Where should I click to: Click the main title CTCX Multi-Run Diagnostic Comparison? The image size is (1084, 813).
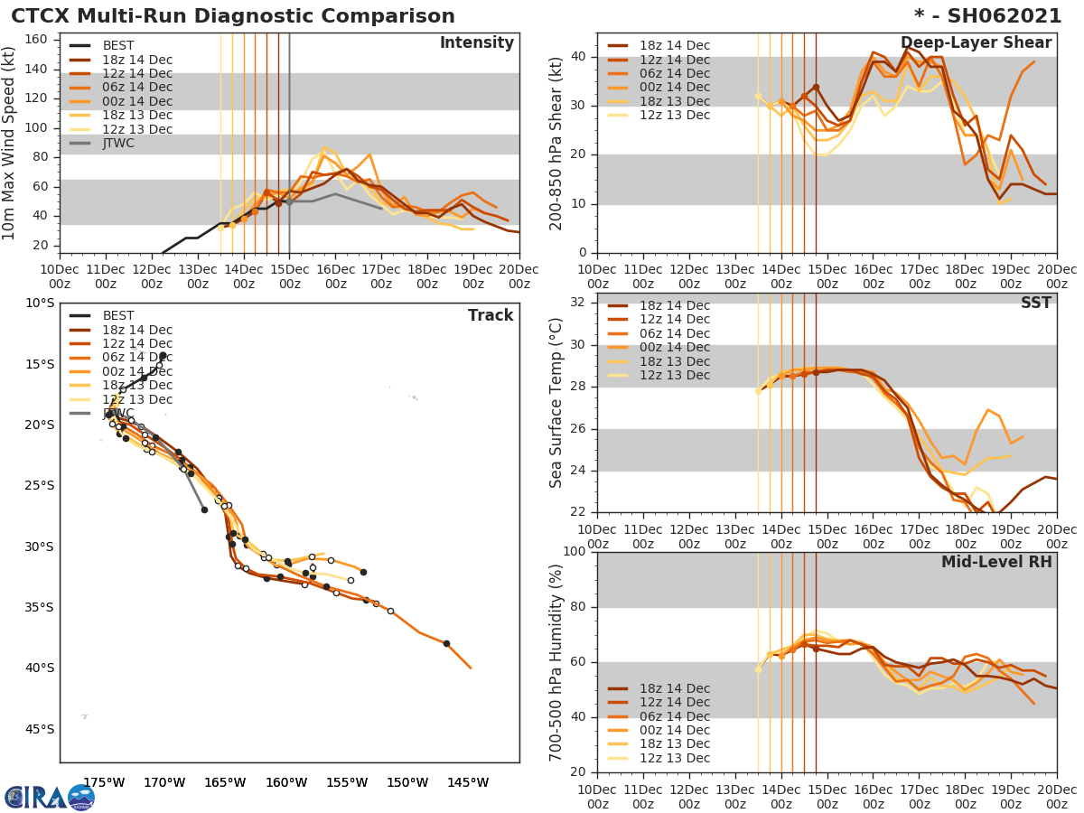click(233, 16)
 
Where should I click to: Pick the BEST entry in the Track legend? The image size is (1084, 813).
click(118, 316)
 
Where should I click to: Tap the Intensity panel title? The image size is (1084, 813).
click(476, 43)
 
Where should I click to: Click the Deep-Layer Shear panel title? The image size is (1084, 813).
click(976, 43)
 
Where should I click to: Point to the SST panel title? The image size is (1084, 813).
click(1035, 304)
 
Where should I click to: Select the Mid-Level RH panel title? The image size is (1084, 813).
click(996, 563)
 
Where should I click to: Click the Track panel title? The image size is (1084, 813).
click(491, 316)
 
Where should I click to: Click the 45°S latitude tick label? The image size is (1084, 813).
click(39, 729)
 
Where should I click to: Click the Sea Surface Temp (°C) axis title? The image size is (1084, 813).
click(556, 403)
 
